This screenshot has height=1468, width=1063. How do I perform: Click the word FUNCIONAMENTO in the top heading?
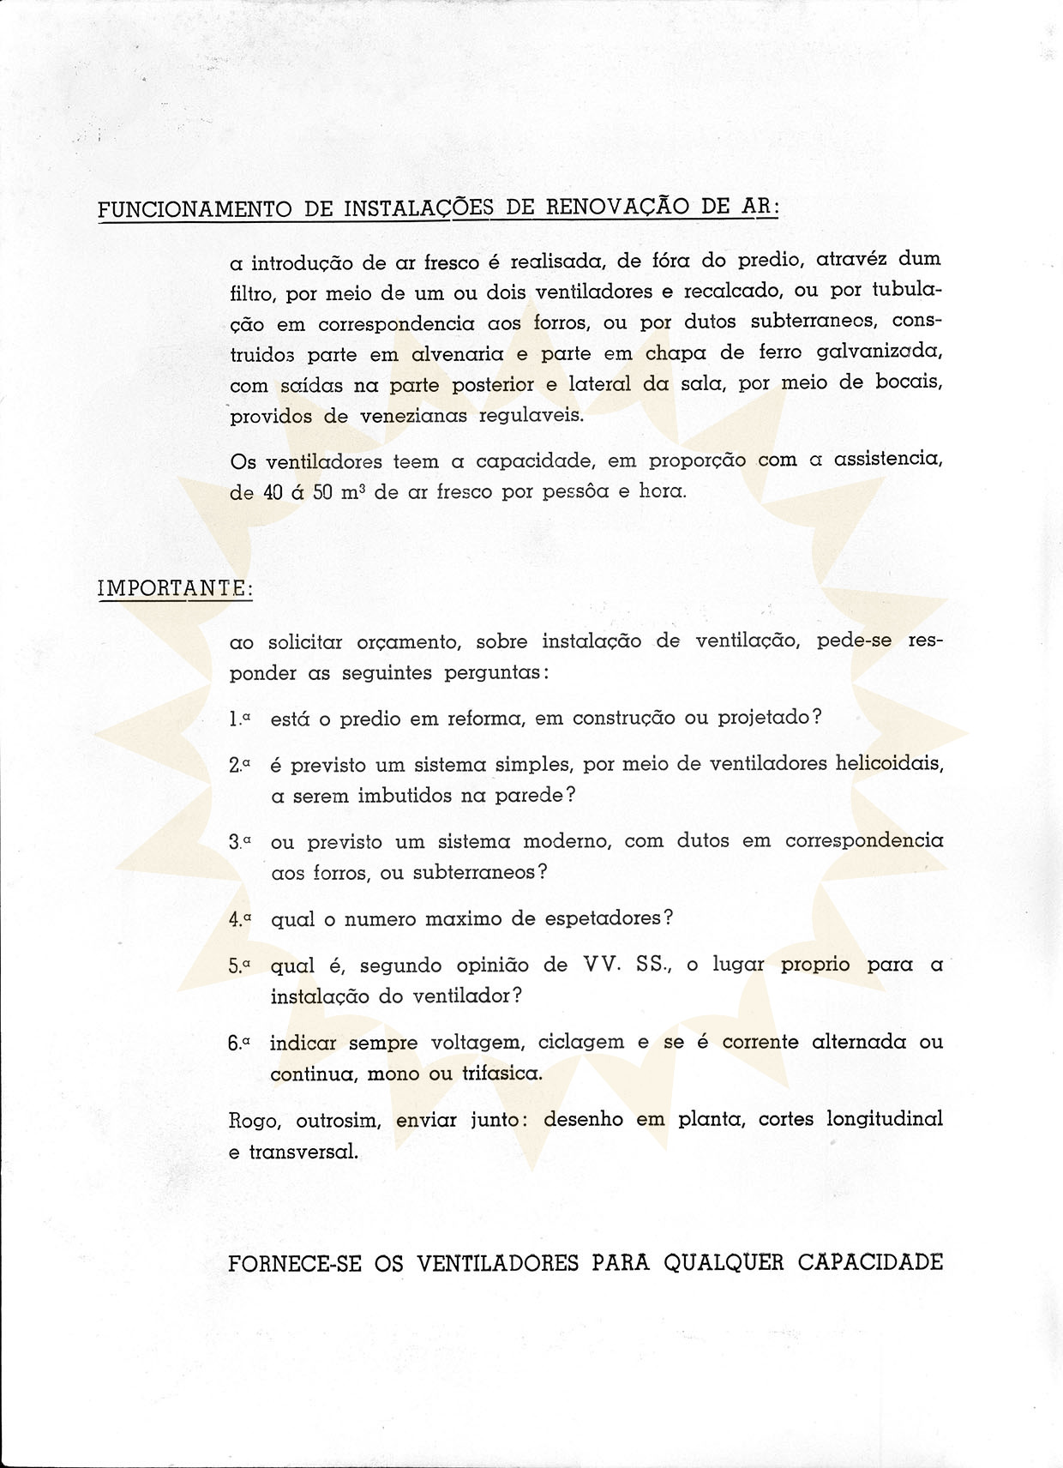click(193, 209)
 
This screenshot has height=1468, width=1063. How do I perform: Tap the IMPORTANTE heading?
click(175, 589)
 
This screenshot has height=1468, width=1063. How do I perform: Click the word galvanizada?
click(880, 352)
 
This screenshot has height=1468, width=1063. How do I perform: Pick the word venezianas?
click(401, 417)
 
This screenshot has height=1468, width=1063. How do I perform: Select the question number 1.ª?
click(239, 719)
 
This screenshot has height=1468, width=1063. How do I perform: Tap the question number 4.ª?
click(240, 919)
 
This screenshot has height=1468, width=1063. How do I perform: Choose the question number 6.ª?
click(239, 1044)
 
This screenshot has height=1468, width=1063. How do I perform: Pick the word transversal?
click(303, 1152)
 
